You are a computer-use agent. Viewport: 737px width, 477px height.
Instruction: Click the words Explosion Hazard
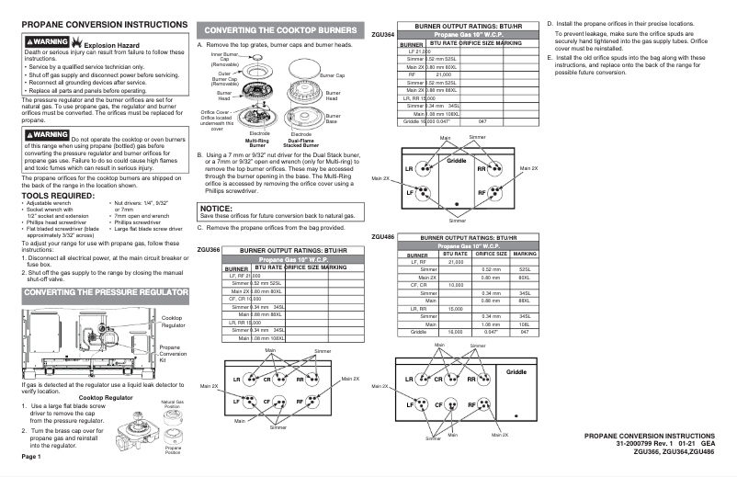pos(119,44)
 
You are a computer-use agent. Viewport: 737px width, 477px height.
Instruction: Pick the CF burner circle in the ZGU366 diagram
pos(266,402)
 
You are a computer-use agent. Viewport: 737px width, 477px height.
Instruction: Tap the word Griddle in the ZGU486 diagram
pos(517,371)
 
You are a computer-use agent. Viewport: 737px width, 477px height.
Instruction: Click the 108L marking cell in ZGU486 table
pos(525,324)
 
